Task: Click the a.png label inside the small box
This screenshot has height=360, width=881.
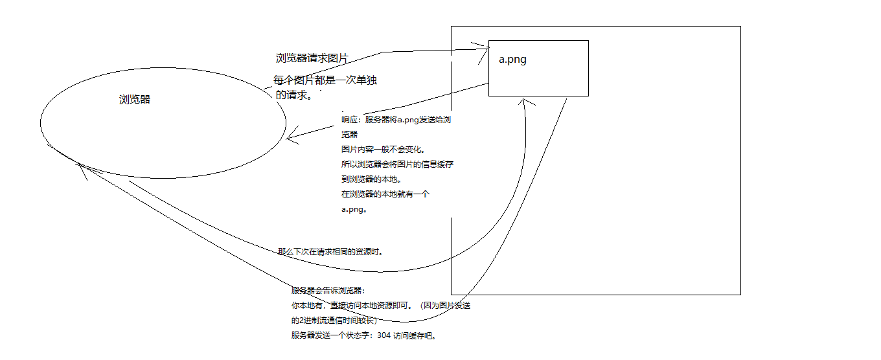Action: [x=512, y=60]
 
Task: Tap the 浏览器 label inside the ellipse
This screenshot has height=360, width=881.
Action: [x=135, y=100]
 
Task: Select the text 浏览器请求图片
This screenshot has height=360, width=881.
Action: [x=312, y=58]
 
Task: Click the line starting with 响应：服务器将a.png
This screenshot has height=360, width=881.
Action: [x=402, y=120]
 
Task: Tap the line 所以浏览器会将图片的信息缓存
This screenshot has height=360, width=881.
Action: [x=397, y=164]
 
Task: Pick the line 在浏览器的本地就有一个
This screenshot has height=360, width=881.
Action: [x=385, y=194]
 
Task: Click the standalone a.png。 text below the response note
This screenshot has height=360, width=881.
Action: [x=355, y=209]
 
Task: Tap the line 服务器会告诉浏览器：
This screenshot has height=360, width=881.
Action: [x=328, y=291]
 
